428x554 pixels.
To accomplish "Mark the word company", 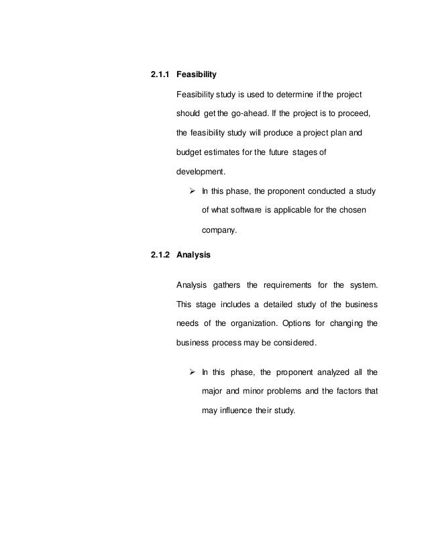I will tap(219, 230).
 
